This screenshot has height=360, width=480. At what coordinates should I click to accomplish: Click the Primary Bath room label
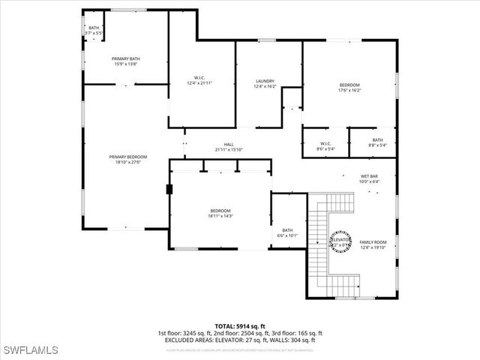click(126, 58)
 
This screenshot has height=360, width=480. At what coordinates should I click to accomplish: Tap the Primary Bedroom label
click(127, 157)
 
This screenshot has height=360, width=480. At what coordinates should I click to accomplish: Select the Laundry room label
click(265, 81)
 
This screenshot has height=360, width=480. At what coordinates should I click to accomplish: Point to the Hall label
click(229, 145)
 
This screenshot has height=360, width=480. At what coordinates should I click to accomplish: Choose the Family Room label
click(373, 241)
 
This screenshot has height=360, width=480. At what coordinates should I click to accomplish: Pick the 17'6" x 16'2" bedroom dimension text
click(349, 91)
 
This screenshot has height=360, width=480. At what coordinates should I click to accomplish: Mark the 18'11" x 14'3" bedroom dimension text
click(220, 216)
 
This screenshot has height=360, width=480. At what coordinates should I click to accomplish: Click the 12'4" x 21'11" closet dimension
click(199, 82)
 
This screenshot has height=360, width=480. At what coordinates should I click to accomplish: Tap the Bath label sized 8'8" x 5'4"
click(377, 139)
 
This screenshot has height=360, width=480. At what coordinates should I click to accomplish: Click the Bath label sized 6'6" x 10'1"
click(287, 230)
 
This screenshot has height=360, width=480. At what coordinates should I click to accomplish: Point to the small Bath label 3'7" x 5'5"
click(93, 28)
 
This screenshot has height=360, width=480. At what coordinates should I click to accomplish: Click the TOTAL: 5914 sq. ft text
click(240, 326)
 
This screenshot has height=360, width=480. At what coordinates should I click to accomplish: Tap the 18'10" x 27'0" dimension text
click(127, 162)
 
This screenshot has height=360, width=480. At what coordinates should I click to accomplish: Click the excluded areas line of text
click(240, 340)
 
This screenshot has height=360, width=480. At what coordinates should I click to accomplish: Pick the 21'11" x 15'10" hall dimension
click(229, 150)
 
